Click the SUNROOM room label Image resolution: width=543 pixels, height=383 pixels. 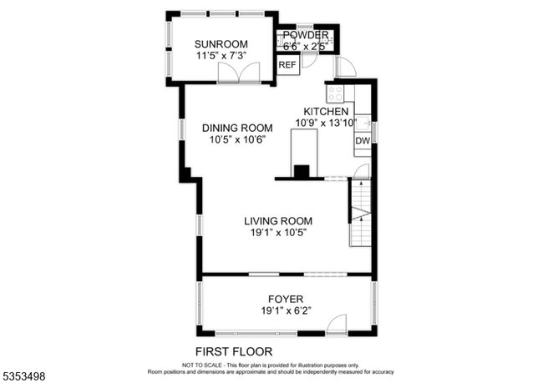[221, 44]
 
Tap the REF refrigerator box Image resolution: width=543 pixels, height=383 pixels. [287, 65]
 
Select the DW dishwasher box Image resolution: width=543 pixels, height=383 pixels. [363, 140]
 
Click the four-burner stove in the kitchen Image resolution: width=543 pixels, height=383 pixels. [335, 93]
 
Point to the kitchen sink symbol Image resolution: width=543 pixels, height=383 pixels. [363, 123]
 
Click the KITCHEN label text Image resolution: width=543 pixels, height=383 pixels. [326, 112]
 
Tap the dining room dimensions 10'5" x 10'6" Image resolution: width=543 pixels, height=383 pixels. [237, 139]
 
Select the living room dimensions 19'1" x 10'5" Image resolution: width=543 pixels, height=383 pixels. [279, 233]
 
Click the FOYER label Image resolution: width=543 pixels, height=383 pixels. [286, 299]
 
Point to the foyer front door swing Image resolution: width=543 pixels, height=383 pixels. [337, 325]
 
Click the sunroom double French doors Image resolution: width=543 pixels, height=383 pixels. [239, 73]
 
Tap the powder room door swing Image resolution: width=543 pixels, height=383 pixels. [307, 61]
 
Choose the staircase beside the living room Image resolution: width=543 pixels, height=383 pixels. [360, 213]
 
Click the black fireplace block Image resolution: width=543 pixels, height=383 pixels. [302, 171]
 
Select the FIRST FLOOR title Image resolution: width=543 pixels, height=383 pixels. [234, 352]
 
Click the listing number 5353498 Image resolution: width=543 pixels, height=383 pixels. [24, 376]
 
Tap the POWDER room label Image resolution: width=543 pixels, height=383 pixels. [306, 35]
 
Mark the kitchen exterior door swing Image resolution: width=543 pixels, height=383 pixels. [346, 67]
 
